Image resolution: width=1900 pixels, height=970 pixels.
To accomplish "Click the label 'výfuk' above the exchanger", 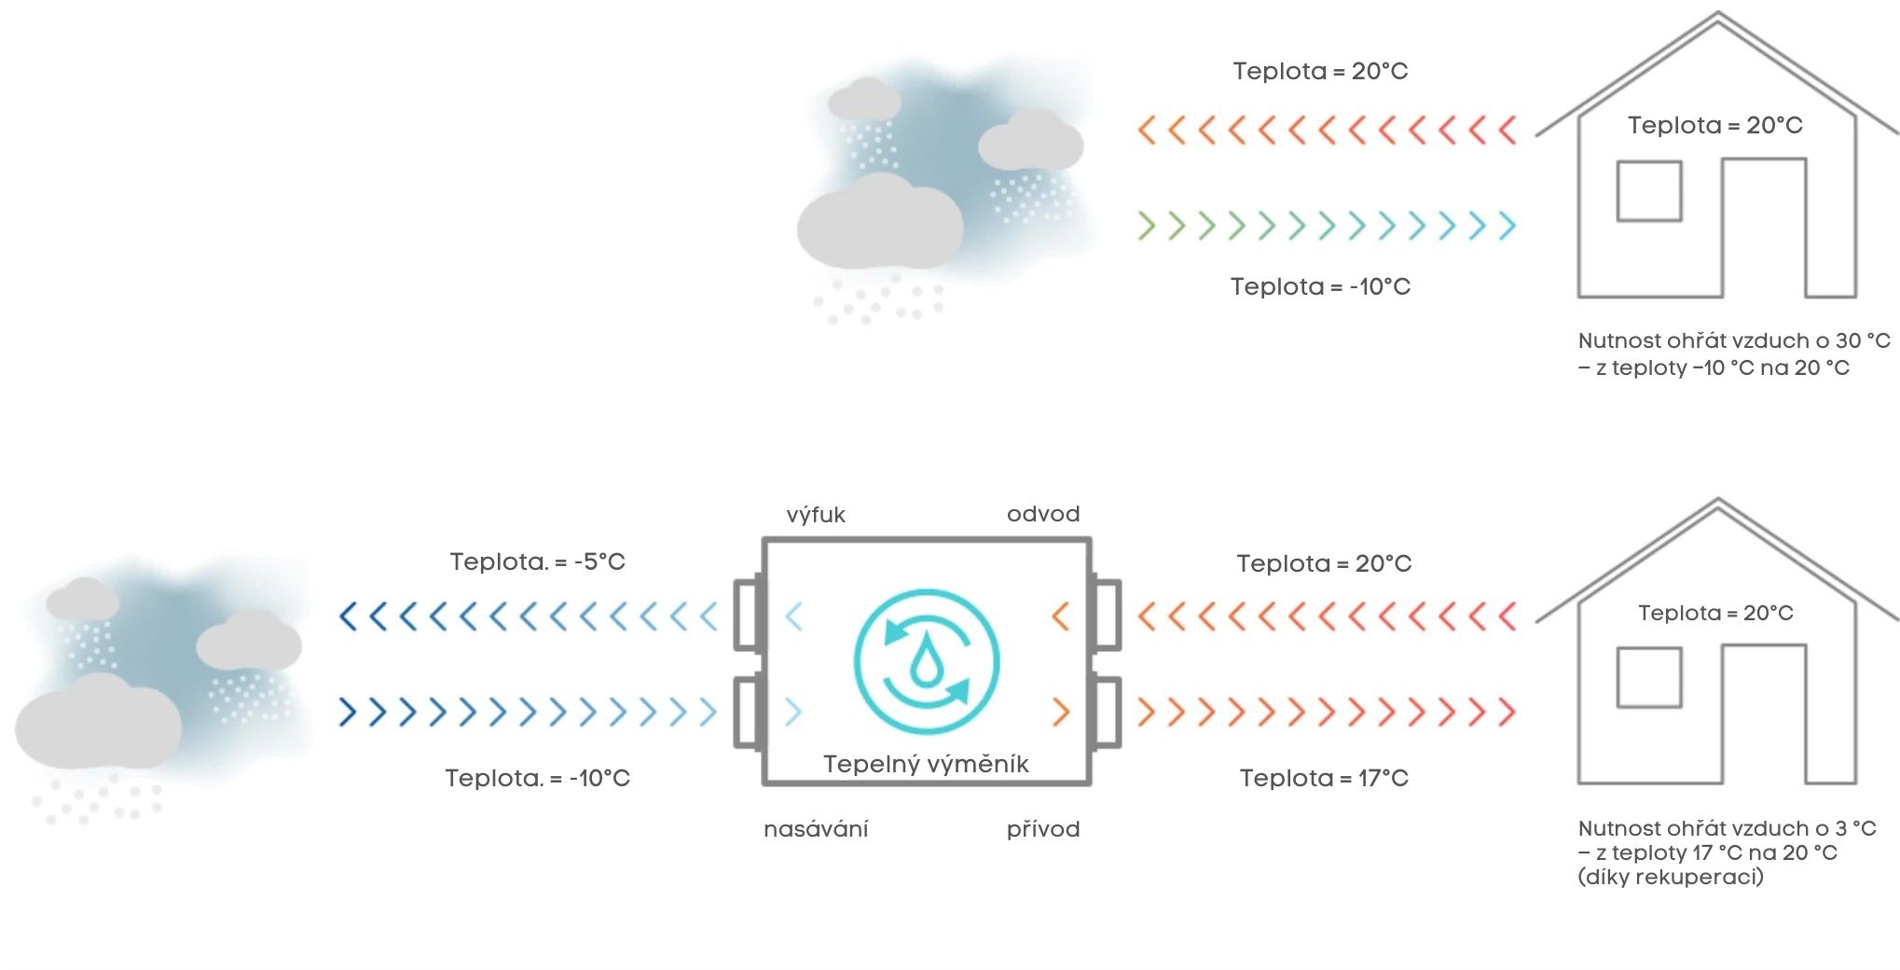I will (816, 515).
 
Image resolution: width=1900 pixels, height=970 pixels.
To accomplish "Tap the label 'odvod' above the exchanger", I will (1043, 514).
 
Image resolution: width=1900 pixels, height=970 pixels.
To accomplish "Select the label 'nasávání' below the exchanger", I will (816, 829).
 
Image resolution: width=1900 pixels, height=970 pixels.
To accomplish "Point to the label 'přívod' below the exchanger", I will (1043, 829).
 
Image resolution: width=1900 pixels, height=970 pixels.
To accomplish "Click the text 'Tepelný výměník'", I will (926, 764).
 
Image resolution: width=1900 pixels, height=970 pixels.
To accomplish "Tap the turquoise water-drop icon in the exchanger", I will (927, 662).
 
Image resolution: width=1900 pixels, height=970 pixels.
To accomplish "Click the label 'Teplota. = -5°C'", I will (537, 561).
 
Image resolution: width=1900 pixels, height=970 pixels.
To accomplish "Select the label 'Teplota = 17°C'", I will (1324, 778).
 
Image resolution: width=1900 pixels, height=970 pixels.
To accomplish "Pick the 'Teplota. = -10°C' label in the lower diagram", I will (537, 778).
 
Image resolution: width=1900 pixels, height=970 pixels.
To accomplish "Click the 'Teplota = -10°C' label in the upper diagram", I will (1320, 286).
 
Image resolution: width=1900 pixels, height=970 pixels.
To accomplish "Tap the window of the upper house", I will (1649, 191).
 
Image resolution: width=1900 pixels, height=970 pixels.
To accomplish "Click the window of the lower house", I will (1649, 677).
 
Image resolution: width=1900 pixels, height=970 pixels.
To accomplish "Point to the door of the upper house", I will (1764, 229).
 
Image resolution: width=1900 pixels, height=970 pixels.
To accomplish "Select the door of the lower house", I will (1764, 714).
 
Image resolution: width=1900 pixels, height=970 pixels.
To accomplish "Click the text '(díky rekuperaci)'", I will (1671, 877).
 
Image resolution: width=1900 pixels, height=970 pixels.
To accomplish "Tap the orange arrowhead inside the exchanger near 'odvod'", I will (1061, 617).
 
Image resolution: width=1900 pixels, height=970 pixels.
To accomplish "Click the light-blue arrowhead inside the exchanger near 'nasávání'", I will (793, 713).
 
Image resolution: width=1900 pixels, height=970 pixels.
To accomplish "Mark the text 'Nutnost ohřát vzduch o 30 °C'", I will (1734, 340).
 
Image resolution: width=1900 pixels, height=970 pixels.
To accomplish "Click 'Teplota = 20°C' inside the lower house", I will (1715, 613).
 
